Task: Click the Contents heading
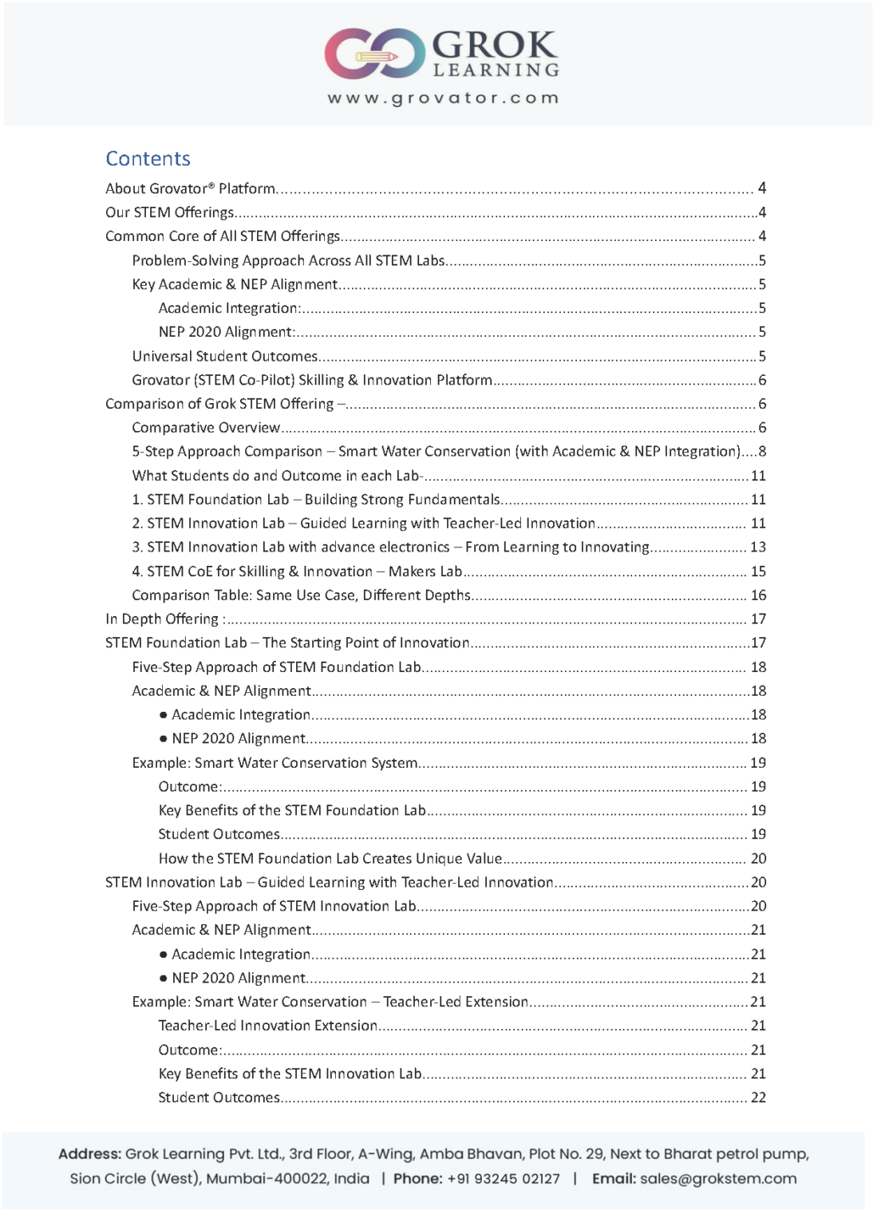coord(148,159)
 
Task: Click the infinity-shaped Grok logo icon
coord(373,54)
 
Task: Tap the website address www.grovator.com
coord(443,98)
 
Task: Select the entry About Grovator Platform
coord(190,188)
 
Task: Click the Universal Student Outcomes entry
coord(224,356)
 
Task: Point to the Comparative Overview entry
coord(206,428)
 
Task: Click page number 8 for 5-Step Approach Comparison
coord(762,452)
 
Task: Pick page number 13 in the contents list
coord(757,548)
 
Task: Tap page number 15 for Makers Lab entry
coord(758,571)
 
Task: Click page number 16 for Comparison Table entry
coord(758,595)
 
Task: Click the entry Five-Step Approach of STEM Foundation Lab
coord(276,667)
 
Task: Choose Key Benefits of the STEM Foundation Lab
coord(292,811)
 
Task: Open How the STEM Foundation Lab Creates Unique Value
coord(330,859)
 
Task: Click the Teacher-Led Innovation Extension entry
coord(267,1026)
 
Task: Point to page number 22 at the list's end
coord(758,1097)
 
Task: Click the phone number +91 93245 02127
coord(503,1179)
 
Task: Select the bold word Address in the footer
coord(89,1154)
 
